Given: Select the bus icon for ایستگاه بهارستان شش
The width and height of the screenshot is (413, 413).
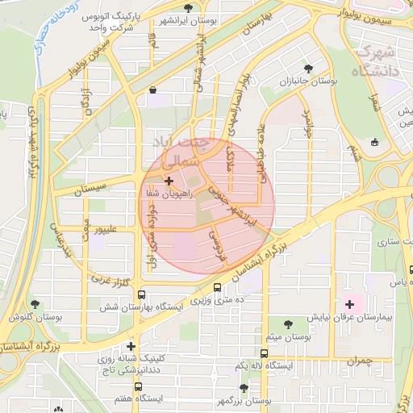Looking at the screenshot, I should click(142, 295).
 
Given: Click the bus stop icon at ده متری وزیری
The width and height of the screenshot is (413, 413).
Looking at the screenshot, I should click(217, 287).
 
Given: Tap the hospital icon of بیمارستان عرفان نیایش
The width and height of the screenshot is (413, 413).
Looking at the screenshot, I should click(349, 304).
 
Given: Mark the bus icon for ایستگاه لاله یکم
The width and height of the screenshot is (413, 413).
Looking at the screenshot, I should click(265, 353).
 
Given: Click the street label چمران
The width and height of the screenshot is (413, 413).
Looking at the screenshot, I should click(361, 361).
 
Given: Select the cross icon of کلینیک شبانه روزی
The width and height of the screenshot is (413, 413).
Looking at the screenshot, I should click(131, 347).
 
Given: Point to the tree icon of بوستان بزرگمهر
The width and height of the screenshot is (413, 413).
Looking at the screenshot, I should click(244, 388).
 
